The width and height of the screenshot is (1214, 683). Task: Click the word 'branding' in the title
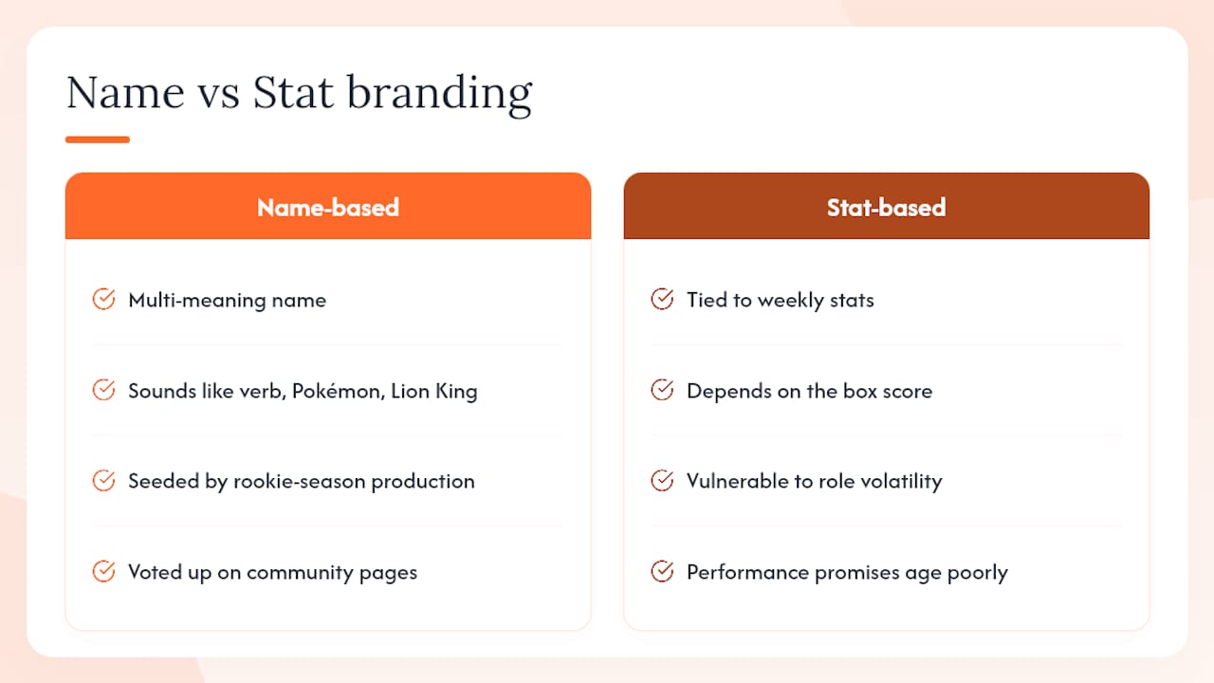(439, 94)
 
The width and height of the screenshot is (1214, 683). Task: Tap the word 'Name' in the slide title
(126, 92)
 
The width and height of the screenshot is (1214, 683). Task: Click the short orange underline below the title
(98, 139)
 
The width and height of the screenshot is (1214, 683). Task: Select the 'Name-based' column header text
(328, 208)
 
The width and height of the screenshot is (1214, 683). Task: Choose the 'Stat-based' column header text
(886, 208)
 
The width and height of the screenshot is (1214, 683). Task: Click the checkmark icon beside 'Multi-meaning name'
(103, 299)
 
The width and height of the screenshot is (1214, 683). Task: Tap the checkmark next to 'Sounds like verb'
(103, 390)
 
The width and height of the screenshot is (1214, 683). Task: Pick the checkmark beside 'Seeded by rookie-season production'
(103, 480)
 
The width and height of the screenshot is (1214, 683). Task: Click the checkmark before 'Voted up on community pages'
(103, 571)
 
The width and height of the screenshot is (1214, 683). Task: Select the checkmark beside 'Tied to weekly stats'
(662, 299)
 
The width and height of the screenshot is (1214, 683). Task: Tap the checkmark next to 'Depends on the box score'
(662, 390)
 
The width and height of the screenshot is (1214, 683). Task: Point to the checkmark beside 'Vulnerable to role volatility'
(662, 480)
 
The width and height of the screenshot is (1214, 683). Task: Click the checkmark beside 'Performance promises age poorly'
(662, 571)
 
